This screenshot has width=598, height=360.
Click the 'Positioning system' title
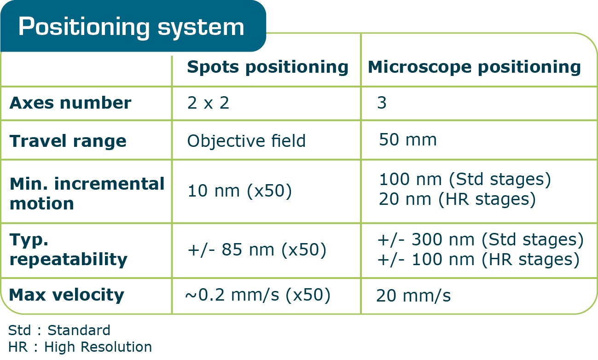(x=131, y=27)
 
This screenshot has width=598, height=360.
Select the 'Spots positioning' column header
(x=267, y=67)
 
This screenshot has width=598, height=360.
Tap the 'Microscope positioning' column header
(x=474, y=67)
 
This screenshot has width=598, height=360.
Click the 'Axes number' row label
(x=70, y=103)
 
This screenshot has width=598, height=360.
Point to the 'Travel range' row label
(x=68, y=140)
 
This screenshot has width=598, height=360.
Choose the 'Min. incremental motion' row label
(x=87, y=193)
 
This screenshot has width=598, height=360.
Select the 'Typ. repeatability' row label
(x=68, y=250)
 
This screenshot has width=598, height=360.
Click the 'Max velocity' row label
(x=67, y=295)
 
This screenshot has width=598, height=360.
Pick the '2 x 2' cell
(x=208, y=103)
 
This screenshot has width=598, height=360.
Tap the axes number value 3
(x=382, y=103)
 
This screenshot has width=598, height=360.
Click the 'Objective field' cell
(x=246, y=141)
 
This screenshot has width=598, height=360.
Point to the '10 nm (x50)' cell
(x=239, y=191)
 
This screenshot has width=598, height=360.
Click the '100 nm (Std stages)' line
(x=464, y=180)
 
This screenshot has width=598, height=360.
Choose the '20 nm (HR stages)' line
(x=457, y=199)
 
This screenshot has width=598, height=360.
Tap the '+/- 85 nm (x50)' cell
(x=257, y=250)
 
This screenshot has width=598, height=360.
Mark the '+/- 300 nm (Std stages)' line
(x=480, y=240)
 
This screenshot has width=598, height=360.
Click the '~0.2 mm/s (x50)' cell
(x=258, y=295)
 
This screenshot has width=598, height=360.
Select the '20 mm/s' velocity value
(x=413, y=296)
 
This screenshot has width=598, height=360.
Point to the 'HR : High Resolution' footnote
(x=80, y=347)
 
